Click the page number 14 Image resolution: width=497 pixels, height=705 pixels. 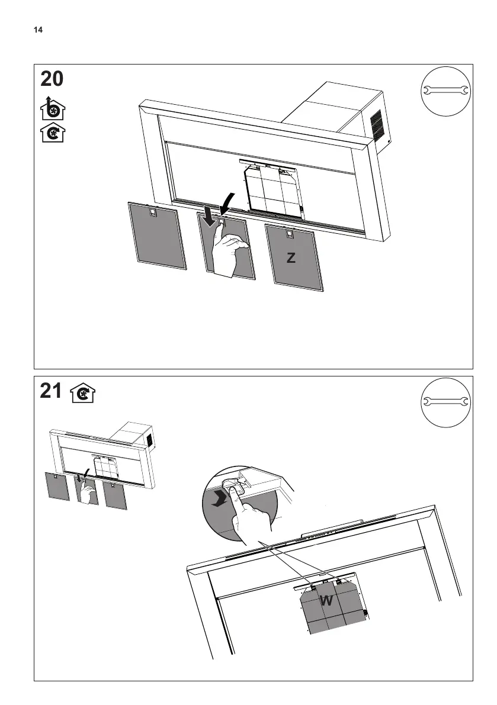point(39,30)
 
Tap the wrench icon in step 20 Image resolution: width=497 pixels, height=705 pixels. point(444,91)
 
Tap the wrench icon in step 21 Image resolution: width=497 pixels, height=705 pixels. point(444,401)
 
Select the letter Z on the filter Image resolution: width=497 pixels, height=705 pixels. point(290,258)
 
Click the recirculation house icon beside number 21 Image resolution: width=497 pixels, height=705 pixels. point(83,393)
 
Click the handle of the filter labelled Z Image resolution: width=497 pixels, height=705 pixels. point(289,235)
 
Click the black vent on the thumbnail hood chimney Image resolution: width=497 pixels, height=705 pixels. point(150,440)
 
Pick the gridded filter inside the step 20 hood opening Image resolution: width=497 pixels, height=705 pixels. point(272,188)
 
